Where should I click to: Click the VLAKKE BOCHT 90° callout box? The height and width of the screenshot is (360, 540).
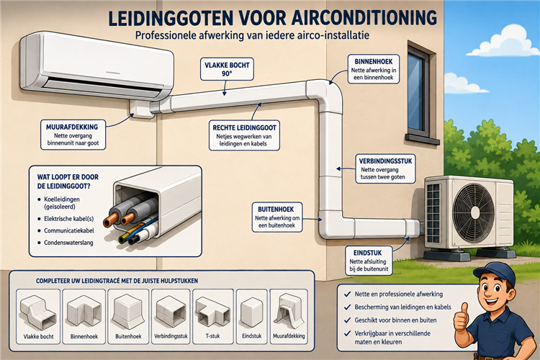pyautogui.click(x=227, y=69)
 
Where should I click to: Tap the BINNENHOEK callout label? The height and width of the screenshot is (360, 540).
pyautogui.click(x=374, y=69)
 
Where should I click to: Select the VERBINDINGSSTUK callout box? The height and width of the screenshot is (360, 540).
pyautogui.click(x=385, y=168)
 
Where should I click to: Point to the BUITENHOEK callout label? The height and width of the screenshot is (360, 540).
pyautogui.click(x=277, y=217)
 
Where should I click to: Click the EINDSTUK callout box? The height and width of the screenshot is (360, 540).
pyautogui.click(x=368, y=261)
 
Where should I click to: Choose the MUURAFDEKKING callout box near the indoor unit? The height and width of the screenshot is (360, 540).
pyautogui.click(x=73, y=135)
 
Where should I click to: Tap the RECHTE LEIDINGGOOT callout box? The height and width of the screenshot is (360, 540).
pyautogui.click(x=244, y=135)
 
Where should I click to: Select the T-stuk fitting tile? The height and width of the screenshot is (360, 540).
pyautogui.click(x=213, y=316)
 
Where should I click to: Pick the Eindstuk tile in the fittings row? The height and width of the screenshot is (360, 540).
pyautogui.click(x=252, y=316)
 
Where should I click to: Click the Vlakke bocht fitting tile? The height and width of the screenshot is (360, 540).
pyautogui.click(x=38, y=316)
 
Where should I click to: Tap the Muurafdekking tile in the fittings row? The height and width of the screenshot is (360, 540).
pyautogui.click(x=289, y=316)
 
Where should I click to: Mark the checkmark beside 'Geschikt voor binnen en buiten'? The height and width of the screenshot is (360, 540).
pyautogui.click(x=348, y=320)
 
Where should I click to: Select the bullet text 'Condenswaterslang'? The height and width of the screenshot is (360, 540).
pyautogui.click(x=68, y=243)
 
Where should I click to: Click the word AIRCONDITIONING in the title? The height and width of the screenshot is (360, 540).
pyautogui.click(x=364, y=17)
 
